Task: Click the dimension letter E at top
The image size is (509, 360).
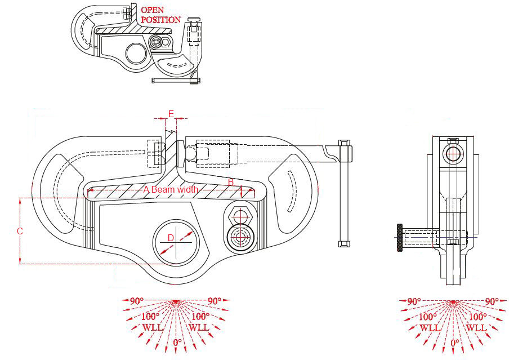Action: point(171,114)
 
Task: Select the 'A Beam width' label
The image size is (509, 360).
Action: point(171,190)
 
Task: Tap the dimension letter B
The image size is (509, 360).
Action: point(230,182)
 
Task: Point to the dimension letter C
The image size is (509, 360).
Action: point(20,231)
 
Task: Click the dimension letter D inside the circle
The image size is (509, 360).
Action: point(171,238)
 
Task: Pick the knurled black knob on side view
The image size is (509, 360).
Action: point(399,238)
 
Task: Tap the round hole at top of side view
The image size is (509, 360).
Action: point(453,152)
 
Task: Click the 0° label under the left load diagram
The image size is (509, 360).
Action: point(177,342)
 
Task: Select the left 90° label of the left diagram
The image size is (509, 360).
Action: point(136,301)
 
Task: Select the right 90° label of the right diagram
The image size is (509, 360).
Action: point(491,301)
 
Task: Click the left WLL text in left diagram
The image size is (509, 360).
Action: point(152,327)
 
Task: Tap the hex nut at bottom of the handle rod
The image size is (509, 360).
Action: point(343,243)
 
